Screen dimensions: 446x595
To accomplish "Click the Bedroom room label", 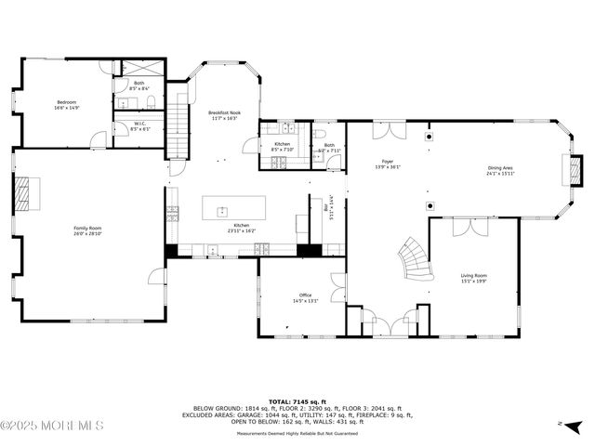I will [x=66, y=101].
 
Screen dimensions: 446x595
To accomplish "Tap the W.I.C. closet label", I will [x=139, y=124].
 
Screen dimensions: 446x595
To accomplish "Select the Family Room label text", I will [x=87, y=228].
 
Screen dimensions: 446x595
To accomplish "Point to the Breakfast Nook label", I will [x=224, y=112].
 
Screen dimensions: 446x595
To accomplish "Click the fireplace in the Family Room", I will [x=21, y=194].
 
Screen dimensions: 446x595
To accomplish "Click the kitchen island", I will [x=233, y=206].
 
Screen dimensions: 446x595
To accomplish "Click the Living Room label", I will [x=473, y=275].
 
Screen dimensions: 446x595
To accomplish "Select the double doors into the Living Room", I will [x=464, y=227].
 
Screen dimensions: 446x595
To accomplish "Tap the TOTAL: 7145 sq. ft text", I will [x=297, y=400].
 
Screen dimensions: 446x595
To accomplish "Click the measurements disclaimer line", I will [x=297, y=434].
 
